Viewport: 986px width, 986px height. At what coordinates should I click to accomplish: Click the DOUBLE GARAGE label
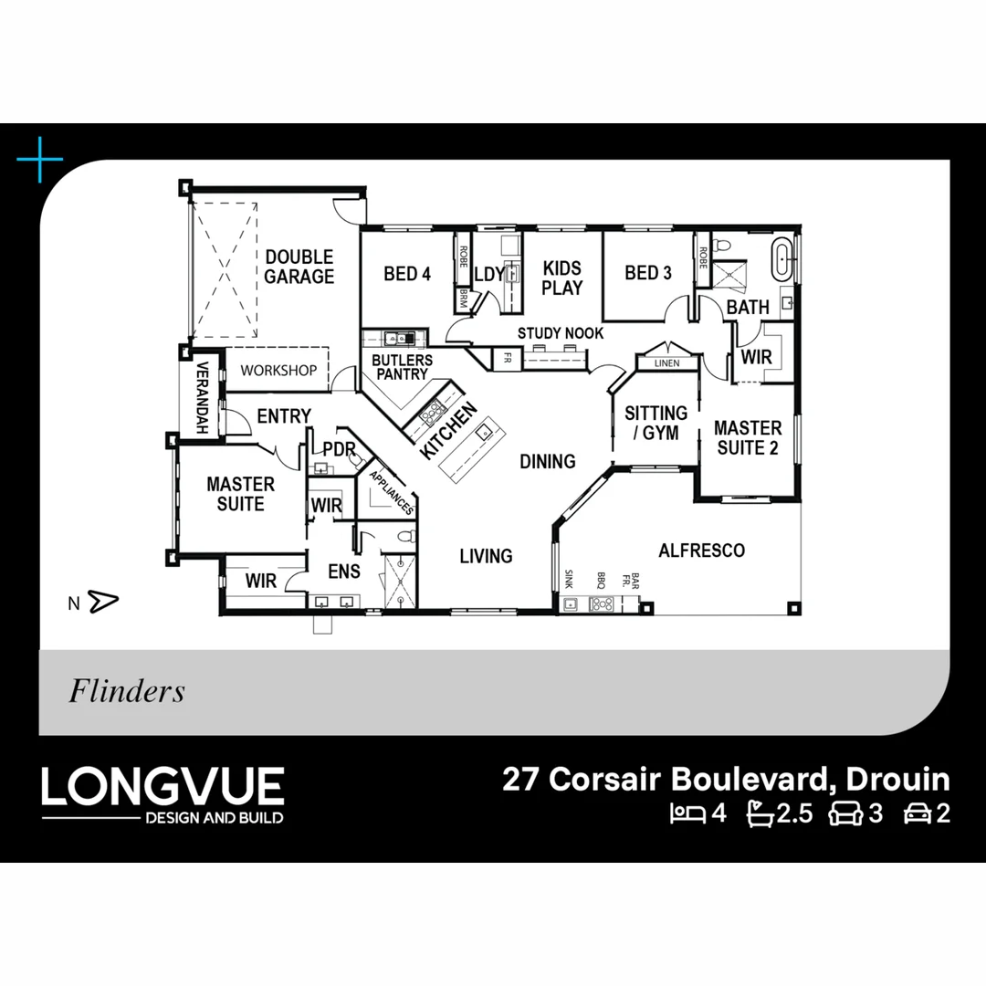click(299, 267)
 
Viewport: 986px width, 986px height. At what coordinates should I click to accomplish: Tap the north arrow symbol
click(103, 602)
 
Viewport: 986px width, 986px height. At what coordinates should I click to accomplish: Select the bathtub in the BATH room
click(781, 258)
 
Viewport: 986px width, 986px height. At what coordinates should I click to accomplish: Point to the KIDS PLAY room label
click(562, 278)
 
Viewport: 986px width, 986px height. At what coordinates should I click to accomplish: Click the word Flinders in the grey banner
click(127, 690)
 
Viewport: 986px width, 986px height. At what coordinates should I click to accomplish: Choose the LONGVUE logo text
click(163, 786)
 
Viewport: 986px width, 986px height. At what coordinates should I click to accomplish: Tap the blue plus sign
click(40, 159)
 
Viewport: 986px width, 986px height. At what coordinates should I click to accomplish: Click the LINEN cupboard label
click(666, 362)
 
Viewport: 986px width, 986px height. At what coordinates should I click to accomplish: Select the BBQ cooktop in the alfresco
click(602, 604)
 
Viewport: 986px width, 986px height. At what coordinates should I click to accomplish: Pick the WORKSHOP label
click(278, 371)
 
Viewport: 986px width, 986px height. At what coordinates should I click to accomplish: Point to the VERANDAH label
click(202, 397)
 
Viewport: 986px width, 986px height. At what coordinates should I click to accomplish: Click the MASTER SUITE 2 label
click(748, 437)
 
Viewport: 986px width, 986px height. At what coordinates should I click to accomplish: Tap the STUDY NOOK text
click(561, 333)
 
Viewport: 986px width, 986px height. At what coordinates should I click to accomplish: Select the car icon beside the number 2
click(918, 813)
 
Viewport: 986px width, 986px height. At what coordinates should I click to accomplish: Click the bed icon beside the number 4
click(687, 813)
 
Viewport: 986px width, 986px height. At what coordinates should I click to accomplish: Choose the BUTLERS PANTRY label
click(402, 367)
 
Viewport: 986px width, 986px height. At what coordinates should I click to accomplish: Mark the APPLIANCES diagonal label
click(392, 492)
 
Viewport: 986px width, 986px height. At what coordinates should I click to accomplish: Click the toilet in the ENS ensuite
click(406, 537)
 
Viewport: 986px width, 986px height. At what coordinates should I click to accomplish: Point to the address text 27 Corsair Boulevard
click(667, 779)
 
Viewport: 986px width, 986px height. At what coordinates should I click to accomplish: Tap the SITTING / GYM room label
click(656, 423)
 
